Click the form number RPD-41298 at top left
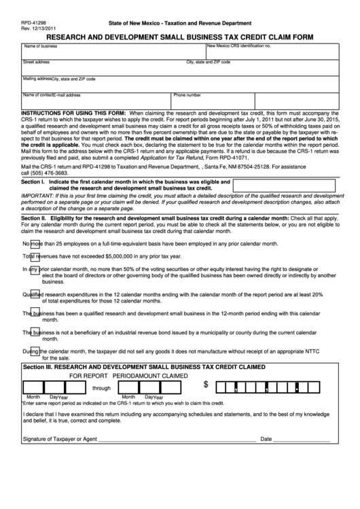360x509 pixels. click(x=33, y=22)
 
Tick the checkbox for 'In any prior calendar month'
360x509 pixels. click(x=33, y=268)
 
